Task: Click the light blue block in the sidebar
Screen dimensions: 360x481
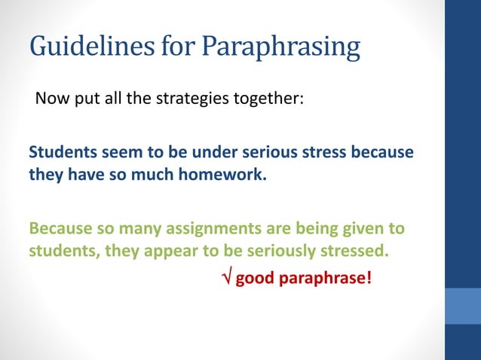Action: click(x=463, y=306)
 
